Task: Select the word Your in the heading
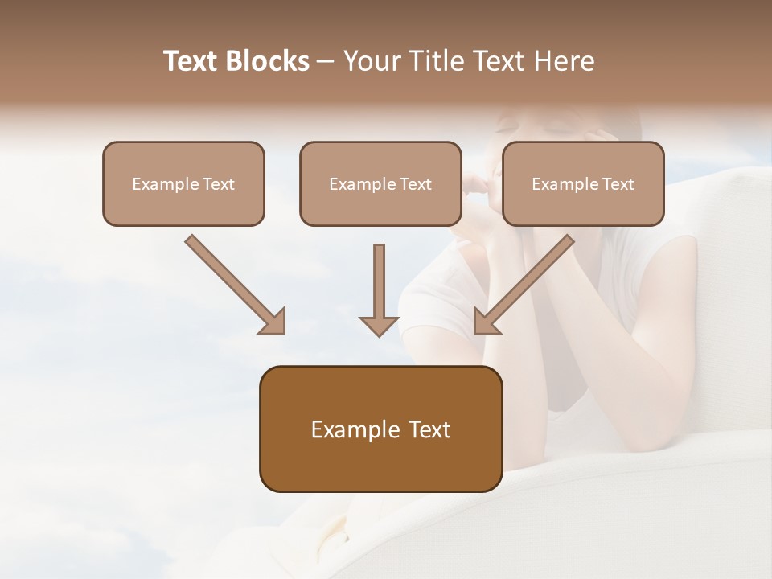click(372, 61)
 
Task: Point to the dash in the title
click(326, 62)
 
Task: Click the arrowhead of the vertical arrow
click(379, 325)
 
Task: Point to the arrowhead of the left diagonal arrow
click(273, 321)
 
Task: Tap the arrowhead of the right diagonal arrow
click(486, 321)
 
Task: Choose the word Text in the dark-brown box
click(431, 429)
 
